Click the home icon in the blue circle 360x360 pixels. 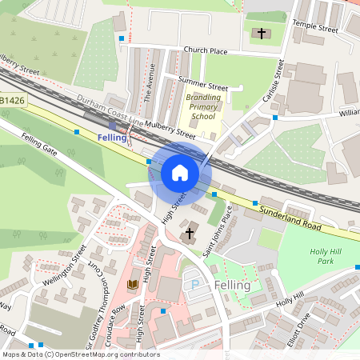[180, 172]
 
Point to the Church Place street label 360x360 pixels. [206, 50]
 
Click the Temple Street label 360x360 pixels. [315, 26]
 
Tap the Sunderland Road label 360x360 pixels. [291, 216]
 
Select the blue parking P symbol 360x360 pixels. [192, 285]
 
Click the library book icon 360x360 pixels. [133, 285]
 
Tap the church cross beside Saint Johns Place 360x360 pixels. [190, 234]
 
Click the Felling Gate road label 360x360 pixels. [40, 145]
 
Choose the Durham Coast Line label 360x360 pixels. [110, 113]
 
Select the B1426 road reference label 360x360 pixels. [11, 102]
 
